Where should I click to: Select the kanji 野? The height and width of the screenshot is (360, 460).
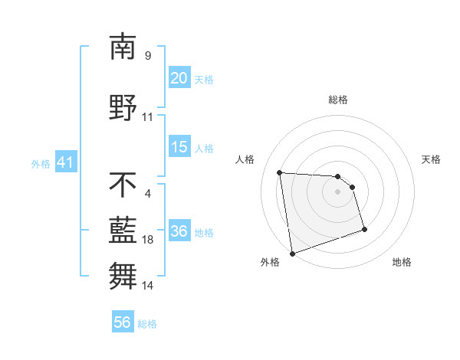123,106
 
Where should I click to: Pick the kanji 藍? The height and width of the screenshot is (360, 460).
123,228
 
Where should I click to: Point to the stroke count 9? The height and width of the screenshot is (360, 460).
148,56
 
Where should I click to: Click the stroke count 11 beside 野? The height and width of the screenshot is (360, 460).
148,117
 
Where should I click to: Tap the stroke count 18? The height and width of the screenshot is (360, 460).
148,240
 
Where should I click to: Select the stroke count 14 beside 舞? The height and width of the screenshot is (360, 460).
148,286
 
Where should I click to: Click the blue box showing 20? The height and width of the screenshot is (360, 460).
179,77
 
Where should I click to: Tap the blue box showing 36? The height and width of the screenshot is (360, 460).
179,231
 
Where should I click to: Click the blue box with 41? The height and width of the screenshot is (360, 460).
65,162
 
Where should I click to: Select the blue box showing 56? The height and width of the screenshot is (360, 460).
122,322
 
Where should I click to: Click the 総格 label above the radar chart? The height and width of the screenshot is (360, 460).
337,100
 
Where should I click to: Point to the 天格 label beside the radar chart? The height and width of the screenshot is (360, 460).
432,159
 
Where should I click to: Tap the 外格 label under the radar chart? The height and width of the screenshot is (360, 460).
269,262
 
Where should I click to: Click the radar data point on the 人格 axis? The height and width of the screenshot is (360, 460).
280,172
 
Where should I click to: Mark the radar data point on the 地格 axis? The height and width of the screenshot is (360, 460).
364,229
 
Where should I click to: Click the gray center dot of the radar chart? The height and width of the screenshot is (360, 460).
337,191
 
